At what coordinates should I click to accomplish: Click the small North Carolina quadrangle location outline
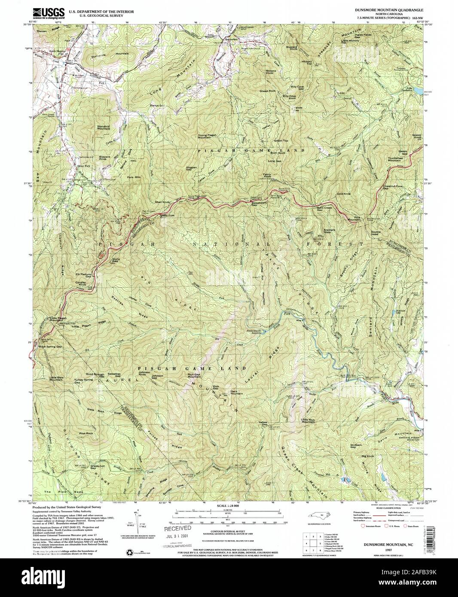(319, 518)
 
